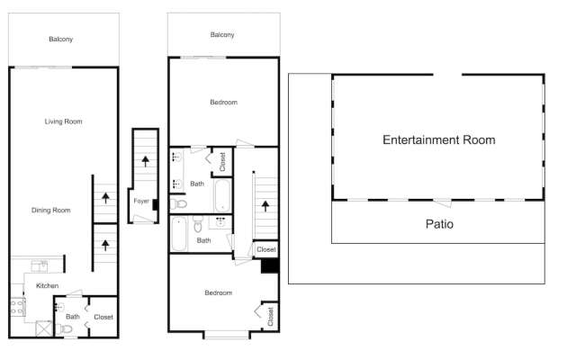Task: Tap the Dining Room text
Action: point(51,211)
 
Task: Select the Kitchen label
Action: point(48,285)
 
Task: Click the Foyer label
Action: point(141,202)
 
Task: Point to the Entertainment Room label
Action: point(438,140)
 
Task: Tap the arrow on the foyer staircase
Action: point(144,161)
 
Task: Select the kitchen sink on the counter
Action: point(40,265)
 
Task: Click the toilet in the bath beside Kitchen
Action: point(67,329)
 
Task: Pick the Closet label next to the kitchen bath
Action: point(103,317)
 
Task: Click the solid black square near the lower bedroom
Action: point(268,265)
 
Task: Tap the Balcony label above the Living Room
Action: point(61,40)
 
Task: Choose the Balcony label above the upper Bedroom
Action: point(222,35)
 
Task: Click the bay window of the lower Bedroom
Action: point(224,335)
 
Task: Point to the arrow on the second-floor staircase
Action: point(265,203)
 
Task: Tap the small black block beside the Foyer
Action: point(156,204)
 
